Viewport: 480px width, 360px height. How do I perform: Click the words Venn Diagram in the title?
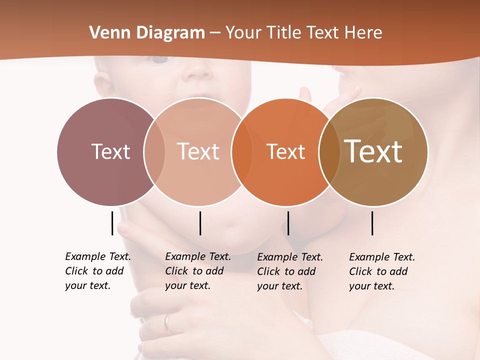click(x=147, y=33)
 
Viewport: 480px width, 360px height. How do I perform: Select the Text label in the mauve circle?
click(x=110, y=151)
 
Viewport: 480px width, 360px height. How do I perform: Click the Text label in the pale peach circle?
click(x=198, y=151)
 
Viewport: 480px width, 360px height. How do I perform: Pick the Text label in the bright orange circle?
click(x=285, y=151)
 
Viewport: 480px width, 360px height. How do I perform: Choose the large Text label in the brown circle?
click(x=373, y=151)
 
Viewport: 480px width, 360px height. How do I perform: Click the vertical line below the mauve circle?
click(x=112, y=223)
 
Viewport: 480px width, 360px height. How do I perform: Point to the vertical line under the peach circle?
click(x=200, y=223)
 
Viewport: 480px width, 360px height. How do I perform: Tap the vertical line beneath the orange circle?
click(x=288, y=223)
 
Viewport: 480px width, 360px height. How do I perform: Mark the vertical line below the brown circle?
click(x=372, y=223)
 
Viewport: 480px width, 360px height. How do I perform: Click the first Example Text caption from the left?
click(x=97, y=271)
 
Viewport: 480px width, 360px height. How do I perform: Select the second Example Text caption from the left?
click(x=197, y=271)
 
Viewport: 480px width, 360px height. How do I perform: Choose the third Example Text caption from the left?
click(x=289, y=271)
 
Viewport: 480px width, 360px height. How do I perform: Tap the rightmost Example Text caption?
click(x=381, y=271)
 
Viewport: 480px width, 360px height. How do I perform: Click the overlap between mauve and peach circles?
click(x=154, y=151)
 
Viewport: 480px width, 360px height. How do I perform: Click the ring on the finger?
click(x=168, y=322)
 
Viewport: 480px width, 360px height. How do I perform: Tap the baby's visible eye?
click(x=160, y=59)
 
